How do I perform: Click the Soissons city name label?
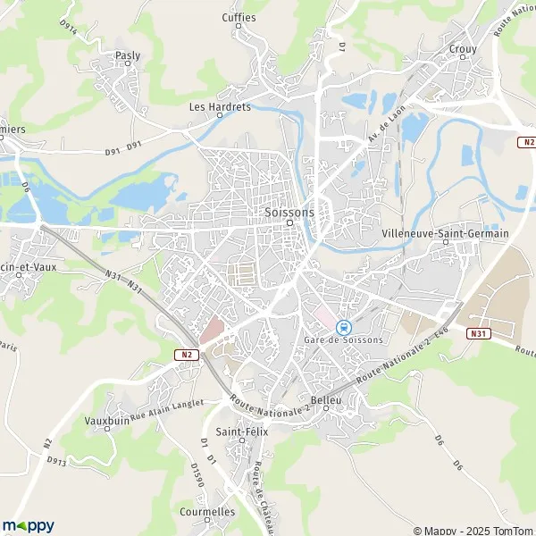tap(289, 213)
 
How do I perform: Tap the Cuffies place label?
tap(239, 18)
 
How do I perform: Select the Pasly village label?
tap(128, 55)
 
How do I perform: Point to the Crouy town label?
tap(463, 50)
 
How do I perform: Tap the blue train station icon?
tap(343, 327)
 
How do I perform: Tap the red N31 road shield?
tap(478, 333)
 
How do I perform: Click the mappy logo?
tap(29, 525)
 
